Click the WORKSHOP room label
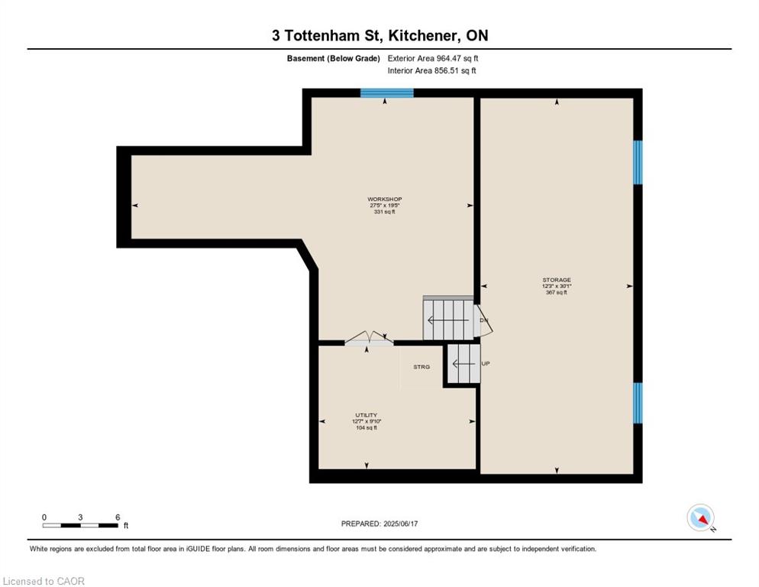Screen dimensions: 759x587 click(384, 199)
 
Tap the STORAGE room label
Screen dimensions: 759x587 click(557, 280)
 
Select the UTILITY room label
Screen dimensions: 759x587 click(366, 415)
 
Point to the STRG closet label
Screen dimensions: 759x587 click(421, 367)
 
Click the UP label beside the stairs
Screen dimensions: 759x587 click(486, 363)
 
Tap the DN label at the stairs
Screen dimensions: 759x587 click(483, 320)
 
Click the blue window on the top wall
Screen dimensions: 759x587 click(387, 92)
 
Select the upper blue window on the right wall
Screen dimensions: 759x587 click(638, 162)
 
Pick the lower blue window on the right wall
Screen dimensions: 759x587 click(638, 403)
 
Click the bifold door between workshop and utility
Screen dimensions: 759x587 click(369, 338)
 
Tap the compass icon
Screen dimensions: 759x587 click(700, 517)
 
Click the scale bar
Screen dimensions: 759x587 click(80, 525)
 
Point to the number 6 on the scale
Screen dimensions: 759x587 click(118, 517)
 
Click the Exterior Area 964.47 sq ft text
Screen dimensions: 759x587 click(433, 58)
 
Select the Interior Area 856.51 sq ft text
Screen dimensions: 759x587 click(431, 71)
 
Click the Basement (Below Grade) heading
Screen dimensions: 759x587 click(334, 58)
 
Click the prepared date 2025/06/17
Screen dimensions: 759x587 click(401, 524)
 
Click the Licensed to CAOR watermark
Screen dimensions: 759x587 click(44, 581)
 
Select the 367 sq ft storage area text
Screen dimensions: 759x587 click(557, 292)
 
